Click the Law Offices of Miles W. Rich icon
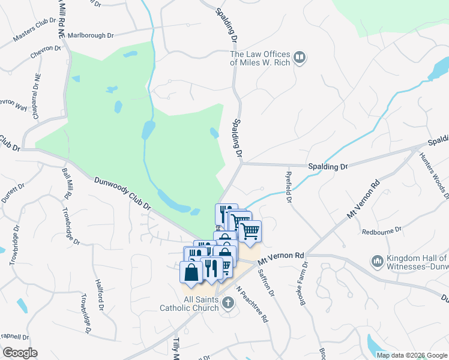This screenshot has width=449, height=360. point(300,58)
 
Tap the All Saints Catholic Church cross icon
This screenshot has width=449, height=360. point(228,302)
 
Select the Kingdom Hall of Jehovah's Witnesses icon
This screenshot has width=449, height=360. point(378,261)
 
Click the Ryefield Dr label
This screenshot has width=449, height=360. point(288,187)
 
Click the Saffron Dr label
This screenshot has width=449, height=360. point(265,286)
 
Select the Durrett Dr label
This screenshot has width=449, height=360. point(20,195)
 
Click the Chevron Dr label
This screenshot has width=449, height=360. point(46,56)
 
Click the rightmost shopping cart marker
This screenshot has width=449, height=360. point(250,231)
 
